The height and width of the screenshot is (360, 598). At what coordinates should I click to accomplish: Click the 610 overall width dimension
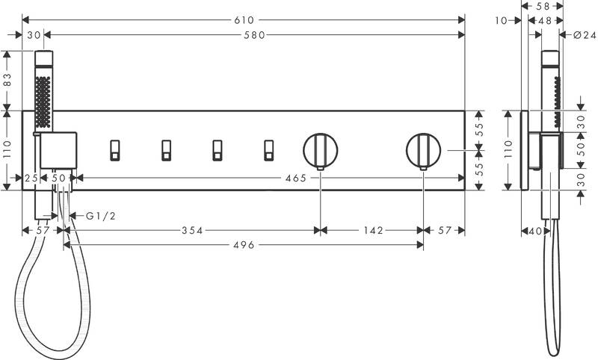[x=244, y=20]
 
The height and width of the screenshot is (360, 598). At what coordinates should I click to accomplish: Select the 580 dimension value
[x=254, y=35]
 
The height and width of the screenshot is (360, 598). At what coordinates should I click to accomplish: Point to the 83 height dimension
[x=7, y=81]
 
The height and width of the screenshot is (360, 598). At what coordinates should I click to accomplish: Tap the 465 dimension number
[x=296, y=178]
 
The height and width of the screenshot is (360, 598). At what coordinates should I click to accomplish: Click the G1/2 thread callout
[x=101, y=216]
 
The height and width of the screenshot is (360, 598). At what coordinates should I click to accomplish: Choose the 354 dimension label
[x=192, y=230]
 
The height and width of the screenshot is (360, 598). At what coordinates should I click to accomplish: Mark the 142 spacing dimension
[x=373, y=230]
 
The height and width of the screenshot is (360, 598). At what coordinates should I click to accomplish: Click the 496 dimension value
[x=244, y=245]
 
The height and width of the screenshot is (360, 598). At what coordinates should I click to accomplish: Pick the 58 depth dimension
[x=543, y=6]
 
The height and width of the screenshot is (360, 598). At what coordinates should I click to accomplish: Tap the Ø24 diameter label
[x=585, y=35]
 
